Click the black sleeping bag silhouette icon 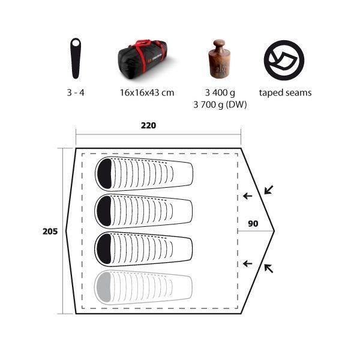[x=76, y=58]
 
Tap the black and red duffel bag [x=143, y=59]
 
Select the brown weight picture [x=219, y=59]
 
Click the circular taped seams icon [x=284, y=60]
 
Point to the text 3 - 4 [x=76, y=92]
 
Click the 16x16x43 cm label [x=147, y=92]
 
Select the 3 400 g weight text [x=220, y=92]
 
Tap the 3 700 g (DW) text [x=220, y=104]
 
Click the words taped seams [x=285, y=93]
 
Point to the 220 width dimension [x=149, y=125]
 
